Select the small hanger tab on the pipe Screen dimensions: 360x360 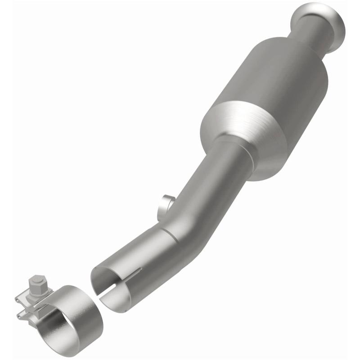pos(166,202)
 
